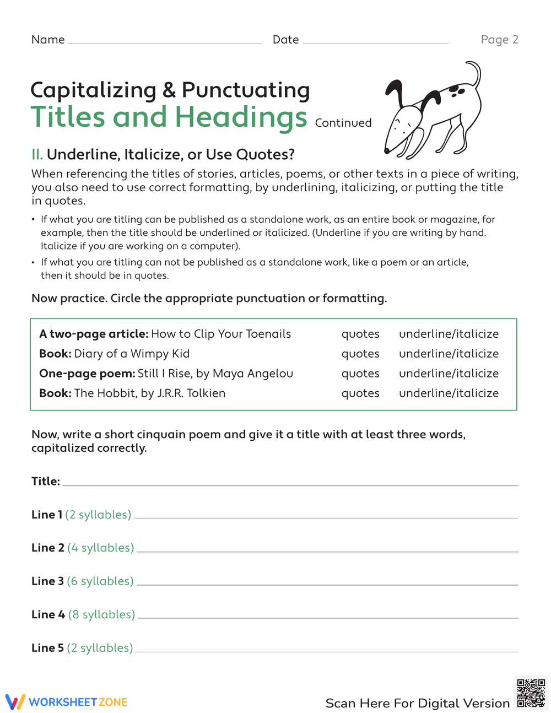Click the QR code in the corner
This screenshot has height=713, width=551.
(531, 693)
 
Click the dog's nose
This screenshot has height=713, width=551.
(387, 150)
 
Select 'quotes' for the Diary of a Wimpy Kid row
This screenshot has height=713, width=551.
(360, 354)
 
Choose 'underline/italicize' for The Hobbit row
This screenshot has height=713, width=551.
(449, 393)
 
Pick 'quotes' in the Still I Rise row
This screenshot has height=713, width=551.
(360, 374)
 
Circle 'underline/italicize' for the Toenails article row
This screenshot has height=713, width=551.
(449, 334)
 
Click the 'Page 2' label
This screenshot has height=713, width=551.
(499, 40)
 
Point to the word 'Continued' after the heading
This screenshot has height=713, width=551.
(343, 123)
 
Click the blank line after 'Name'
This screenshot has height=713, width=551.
(164, 41)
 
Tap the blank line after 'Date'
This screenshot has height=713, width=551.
(375, 41)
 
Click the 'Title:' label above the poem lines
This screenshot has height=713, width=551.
(46, 482)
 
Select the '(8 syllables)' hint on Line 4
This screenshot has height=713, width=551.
(102, 614)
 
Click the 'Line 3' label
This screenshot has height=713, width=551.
(47, 581)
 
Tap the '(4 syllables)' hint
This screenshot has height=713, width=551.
(101, 548)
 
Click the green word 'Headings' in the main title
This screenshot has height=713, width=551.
(241, 117)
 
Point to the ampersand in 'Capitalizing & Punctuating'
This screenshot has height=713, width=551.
(169, 90)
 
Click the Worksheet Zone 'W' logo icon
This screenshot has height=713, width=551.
(15, 701)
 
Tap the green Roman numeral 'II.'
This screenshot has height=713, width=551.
(37, 154)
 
